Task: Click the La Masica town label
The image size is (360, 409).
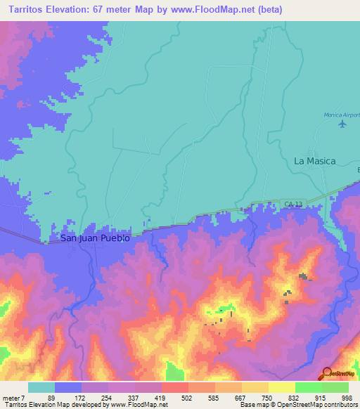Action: click(x=314, y=161)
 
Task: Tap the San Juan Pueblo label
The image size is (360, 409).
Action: click(x=95, y=238)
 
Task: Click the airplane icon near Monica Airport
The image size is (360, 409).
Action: click(x=342, y=124)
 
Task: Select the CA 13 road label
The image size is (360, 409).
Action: click(x=293, y=204)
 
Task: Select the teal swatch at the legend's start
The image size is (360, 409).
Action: click(x=41, y=387)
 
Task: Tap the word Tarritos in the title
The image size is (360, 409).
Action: click(x=26, y=10)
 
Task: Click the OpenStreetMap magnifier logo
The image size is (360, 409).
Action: click(x=326, y=374)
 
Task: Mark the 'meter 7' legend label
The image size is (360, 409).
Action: click(x=14, y=397)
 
